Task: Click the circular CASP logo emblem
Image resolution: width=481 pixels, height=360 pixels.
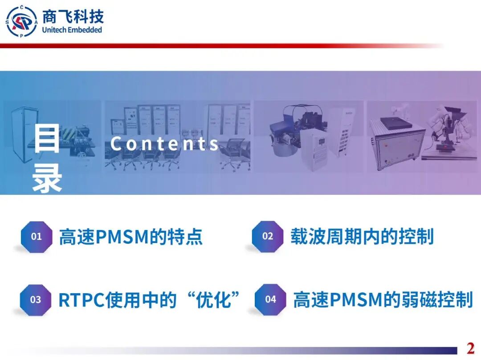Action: tap(21, 21)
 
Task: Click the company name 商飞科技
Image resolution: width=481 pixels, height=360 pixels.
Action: tap(73, 17)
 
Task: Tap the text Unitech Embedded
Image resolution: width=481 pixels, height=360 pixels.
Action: tap(72, 30)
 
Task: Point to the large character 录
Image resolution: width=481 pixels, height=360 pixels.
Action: tap(47, 178)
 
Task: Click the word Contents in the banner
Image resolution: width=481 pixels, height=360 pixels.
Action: tap(165, 144)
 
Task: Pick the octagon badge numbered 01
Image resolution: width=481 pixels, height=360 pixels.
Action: tap(36, 237)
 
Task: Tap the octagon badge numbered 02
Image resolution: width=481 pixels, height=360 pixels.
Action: tap(267, 237)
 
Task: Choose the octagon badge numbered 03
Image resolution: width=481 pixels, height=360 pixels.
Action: tap(36, 300)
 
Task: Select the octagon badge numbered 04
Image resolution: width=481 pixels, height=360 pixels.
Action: tap(270, 300)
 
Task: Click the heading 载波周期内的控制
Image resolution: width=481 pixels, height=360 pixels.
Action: tap(362, 237)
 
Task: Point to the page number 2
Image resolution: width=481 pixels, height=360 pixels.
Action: tap(470, 348)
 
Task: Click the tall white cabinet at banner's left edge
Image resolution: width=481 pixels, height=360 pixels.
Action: tap(20, 133)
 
